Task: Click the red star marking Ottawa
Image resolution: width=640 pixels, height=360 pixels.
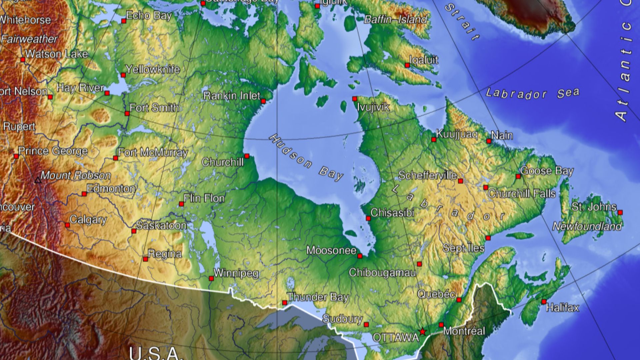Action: point(423,332)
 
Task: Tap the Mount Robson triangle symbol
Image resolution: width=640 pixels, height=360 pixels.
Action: point(38,180)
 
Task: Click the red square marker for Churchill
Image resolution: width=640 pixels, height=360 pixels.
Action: point(247,156)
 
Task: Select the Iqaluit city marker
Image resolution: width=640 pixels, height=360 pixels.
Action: point(407,65)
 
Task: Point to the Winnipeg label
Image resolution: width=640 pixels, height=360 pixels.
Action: point(236,273)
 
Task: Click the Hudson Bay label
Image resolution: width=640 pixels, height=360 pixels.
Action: point(306,158)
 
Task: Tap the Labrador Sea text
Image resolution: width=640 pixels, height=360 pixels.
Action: point(532,93)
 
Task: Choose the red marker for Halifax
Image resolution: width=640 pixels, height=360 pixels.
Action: point(544,302)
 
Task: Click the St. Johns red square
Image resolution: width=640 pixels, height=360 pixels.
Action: point(620,212)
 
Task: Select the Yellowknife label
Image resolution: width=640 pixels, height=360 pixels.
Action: point(153,69)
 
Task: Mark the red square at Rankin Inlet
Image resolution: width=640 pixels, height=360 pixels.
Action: point(263,101)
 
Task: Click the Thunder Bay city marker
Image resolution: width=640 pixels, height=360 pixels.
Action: point(284,303)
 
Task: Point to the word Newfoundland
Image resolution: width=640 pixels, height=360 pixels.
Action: point(587,227)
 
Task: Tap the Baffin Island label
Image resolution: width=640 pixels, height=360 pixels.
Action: point(395,19)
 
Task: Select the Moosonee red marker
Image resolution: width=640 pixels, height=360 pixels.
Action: point(360,256)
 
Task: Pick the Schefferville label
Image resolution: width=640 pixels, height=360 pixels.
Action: point(428,175)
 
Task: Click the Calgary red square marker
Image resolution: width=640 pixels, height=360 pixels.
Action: point(67,225)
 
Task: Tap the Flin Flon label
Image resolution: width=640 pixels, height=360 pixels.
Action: point(204,198)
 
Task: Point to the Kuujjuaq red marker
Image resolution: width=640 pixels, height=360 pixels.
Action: point(434,140)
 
